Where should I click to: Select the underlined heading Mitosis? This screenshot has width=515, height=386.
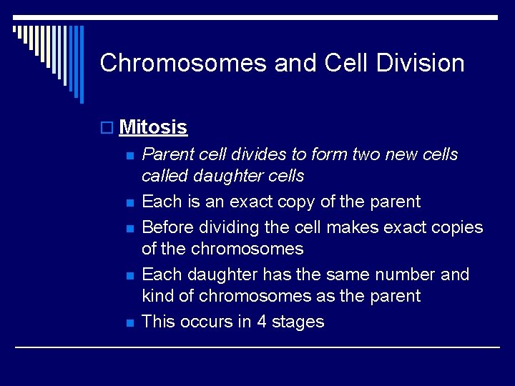[x=153, y=127]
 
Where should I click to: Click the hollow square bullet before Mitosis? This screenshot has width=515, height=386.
[x=107, y=128]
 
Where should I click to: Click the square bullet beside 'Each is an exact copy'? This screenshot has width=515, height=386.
[x=129, y=203]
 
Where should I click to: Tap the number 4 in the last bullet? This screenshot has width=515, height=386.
[x=262, y=322]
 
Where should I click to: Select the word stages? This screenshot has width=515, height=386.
[x=298, y=322]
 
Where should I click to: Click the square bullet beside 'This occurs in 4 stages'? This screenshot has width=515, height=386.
[x=129, y=323]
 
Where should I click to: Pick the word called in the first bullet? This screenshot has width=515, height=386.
[x=165, y=176]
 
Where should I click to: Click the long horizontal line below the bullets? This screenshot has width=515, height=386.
[x=257, y=347]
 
